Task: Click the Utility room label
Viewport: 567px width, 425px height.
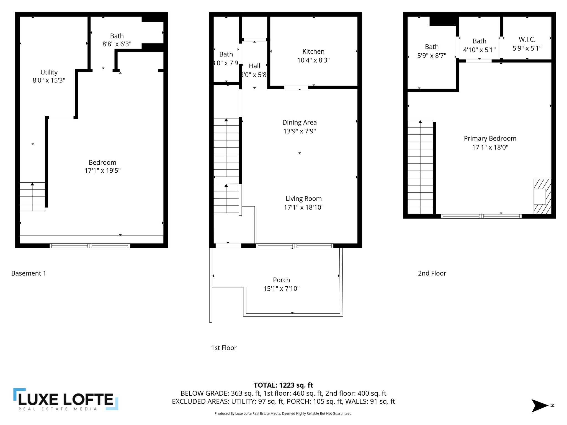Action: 49,72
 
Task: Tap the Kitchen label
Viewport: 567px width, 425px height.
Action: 313,51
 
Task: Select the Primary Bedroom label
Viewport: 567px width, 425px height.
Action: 490,138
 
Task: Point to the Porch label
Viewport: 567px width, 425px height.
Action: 281,280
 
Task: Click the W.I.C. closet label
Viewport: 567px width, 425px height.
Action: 527,39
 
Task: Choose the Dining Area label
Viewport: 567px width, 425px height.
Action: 300,122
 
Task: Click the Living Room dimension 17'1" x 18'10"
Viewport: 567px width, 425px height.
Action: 304,207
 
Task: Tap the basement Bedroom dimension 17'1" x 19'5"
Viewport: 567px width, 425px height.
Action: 102,170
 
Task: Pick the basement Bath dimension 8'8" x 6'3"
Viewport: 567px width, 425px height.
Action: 117,44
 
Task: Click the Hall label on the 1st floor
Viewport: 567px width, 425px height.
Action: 254,66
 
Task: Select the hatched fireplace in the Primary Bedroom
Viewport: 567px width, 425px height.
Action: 542,196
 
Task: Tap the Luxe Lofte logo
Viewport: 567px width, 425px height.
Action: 66,399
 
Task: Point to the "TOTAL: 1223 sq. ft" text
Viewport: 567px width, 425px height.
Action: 283,385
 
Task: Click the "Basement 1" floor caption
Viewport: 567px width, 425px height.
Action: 29,273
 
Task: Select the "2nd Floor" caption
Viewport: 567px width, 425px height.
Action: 432,273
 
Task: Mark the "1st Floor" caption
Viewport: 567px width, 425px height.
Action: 224,348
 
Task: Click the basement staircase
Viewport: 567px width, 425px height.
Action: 32,196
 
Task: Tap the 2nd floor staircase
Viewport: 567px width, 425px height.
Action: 420,167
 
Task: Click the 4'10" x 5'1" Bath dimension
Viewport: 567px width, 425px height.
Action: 479,50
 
